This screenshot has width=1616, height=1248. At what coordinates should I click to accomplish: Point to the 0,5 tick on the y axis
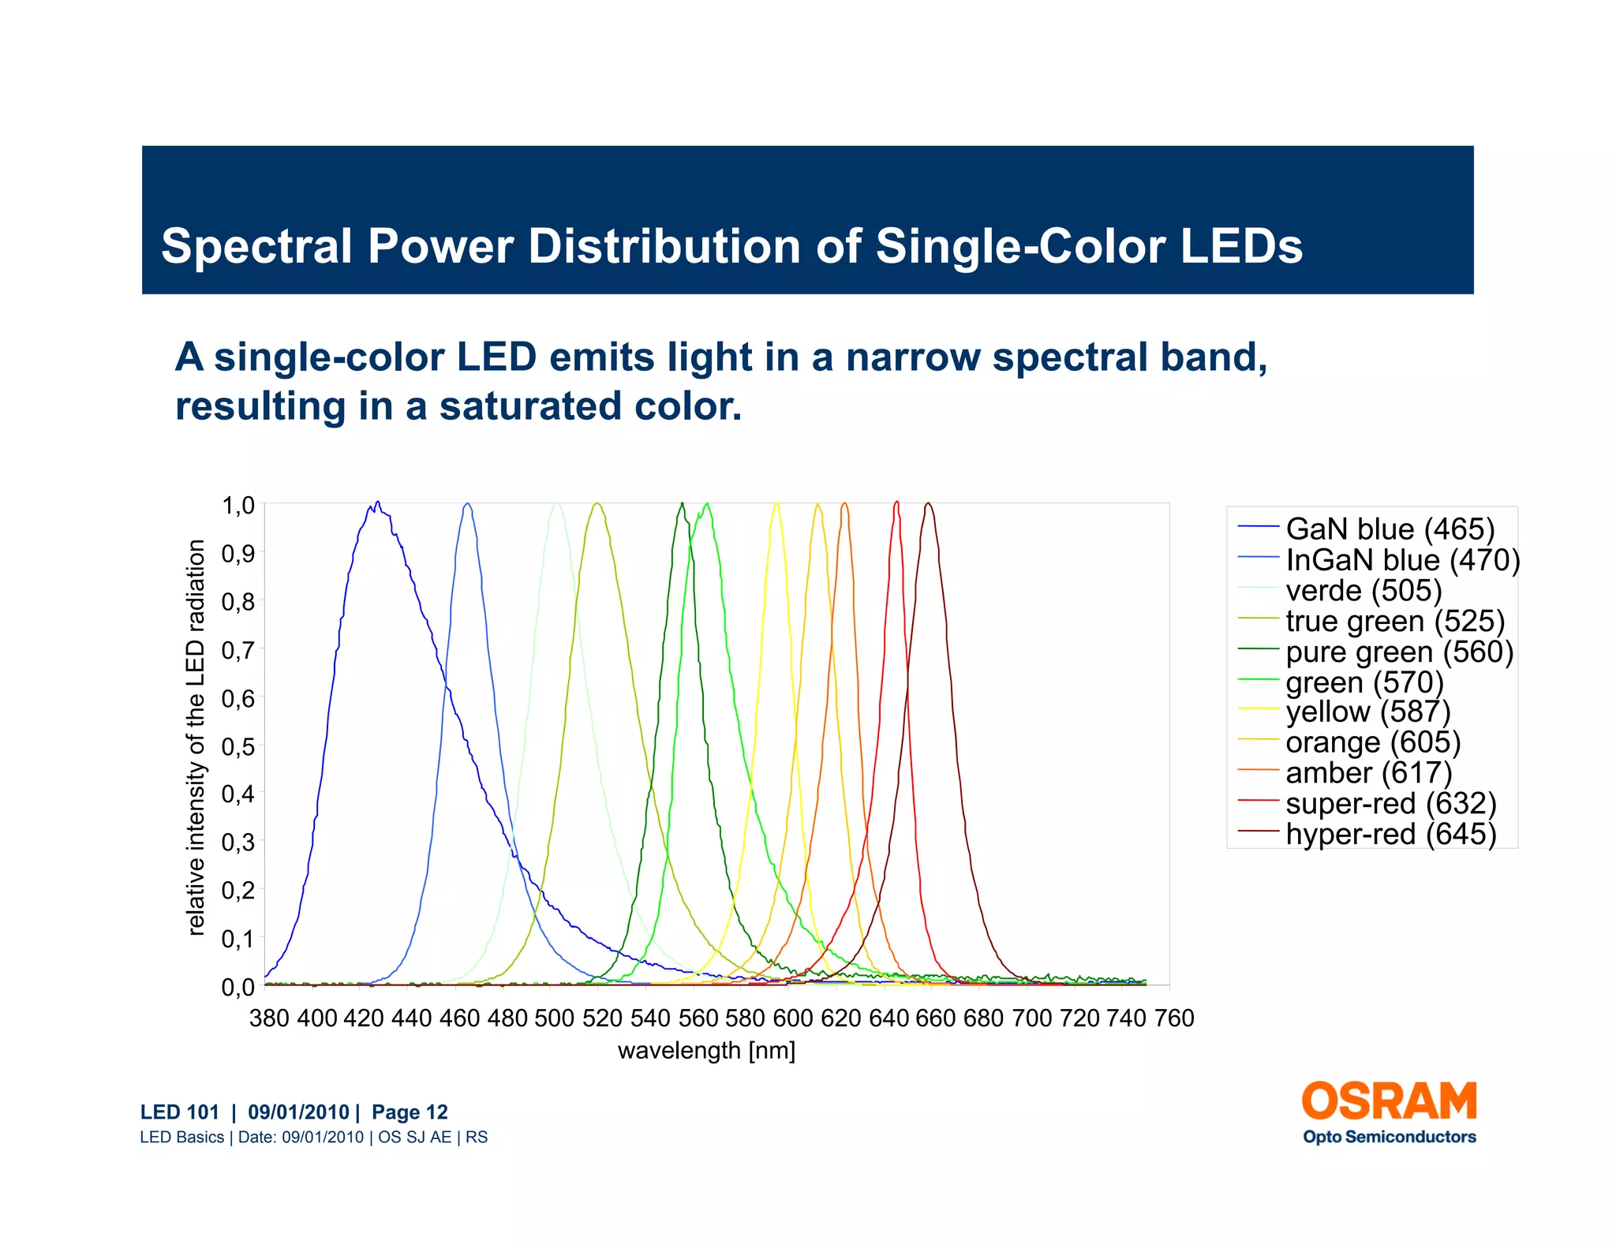point(238,746)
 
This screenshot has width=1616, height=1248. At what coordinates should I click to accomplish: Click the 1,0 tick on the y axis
point(238,505)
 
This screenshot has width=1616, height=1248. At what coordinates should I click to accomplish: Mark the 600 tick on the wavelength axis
point(792,1018)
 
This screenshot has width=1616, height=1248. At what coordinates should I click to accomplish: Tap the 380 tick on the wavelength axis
point(268,1018)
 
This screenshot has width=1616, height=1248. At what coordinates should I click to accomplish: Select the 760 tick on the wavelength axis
point(1173,1018)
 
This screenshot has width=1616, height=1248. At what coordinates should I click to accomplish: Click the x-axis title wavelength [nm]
point(706,1051)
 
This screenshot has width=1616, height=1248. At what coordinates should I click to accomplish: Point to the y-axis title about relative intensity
point(196,738)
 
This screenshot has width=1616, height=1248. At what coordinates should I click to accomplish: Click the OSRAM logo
point(1389,1101)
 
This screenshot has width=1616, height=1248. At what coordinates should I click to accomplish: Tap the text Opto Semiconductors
point(1389,1137)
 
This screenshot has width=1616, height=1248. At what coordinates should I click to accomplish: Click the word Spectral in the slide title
point(256,246)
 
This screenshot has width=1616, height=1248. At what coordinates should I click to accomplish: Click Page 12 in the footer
point(410,1112)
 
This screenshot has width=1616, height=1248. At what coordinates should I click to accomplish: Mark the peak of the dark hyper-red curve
point(928,503)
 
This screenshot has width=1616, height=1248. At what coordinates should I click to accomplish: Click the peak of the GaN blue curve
point(377,503)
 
